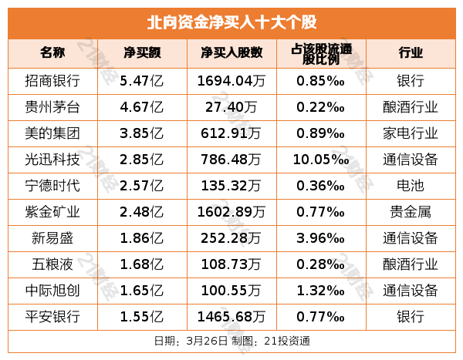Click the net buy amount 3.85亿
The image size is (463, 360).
pyautogui.click(x=142, y=133)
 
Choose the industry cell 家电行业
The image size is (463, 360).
pyautogui.click(x=410, y=133)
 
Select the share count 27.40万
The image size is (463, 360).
pyautogui.click(x=231, y=106)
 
